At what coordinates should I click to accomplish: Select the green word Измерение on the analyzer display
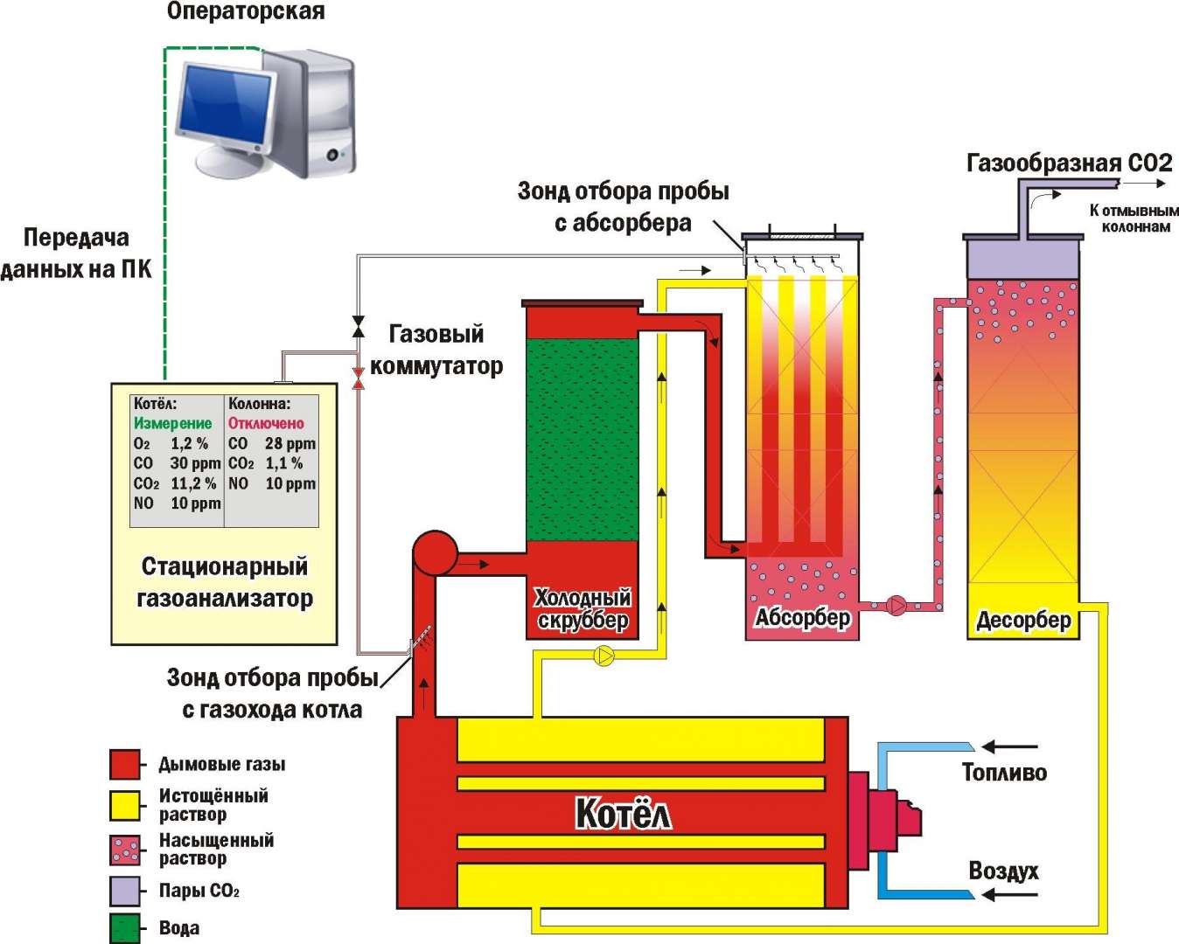point(173,423)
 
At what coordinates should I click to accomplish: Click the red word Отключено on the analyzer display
point(266,423)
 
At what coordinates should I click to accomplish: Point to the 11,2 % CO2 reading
point(193,483)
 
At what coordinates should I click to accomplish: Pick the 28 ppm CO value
point(290,443)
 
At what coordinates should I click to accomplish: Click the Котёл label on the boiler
point(624,815)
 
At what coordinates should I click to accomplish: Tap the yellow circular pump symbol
point(603,656)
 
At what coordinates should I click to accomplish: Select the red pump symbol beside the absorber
point(896,606)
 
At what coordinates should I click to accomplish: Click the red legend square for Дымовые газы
point(125,765)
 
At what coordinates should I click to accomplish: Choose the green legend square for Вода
point(125,928)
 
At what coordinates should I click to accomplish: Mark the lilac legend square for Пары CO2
point(125,891)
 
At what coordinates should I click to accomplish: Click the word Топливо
point(1004,773)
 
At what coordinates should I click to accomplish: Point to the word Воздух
point(1004,871)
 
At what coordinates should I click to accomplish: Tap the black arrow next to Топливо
point(1009,746)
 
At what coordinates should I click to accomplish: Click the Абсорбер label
point(803,618)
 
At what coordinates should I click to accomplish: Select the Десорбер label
point(1023,621)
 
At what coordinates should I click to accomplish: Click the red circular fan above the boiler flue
point(435,553)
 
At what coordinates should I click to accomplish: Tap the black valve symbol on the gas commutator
point(359,326)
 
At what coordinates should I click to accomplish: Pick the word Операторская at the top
point(246,11)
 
